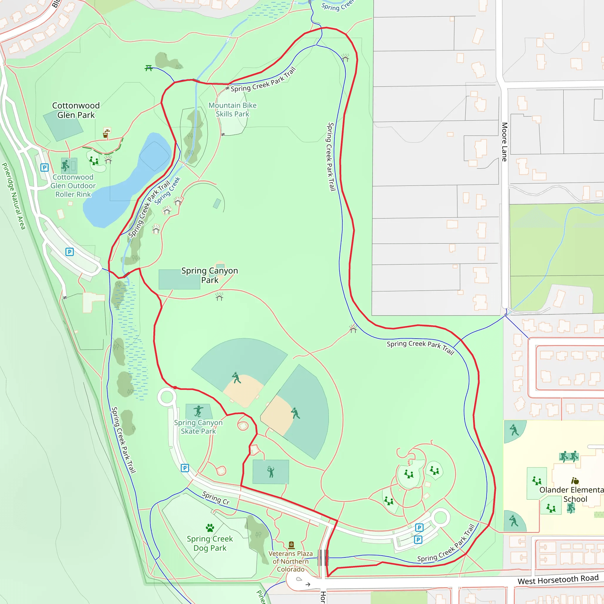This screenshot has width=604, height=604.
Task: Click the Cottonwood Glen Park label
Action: (x=76, y=110)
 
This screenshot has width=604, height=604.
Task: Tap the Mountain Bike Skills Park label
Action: (x=232, y=110)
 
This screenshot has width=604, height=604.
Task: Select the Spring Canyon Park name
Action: (x=209, y=275)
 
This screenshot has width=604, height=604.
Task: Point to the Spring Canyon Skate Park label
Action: (x=198, y=427)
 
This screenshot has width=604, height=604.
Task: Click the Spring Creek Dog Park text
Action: (x=210, y=543)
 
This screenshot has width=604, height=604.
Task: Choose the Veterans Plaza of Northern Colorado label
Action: (x=290, y=561)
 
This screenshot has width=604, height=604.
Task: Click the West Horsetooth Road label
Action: (x=558, y=580)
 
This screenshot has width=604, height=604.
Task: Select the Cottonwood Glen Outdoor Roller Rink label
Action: (x=73, y=186)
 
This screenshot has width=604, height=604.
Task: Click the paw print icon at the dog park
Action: (x=210, y=528)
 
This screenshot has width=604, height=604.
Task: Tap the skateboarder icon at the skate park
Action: (x=198, y=411)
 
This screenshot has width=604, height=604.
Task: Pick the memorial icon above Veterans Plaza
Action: (x=291, y=545)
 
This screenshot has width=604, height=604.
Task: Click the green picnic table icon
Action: (x=149, y=68)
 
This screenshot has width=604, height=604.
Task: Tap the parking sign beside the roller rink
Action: (x=45, y=168)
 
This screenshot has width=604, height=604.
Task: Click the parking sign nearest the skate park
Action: (x=185, y=468)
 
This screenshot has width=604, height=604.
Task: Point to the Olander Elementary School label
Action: (x=571, y=494)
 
